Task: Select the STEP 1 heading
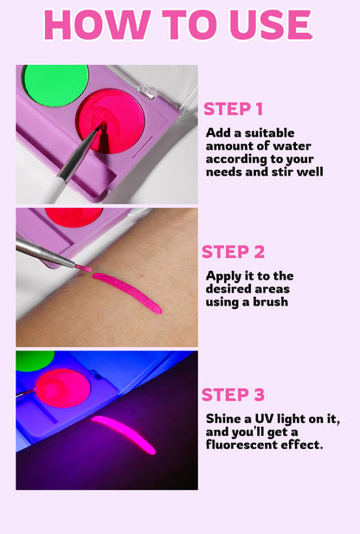[x=233, y=109]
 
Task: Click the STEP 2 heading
[x=232, y=252]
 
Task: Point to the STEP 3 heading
[x=233, y=395]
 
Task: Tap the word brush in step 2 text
[x=268, y=301]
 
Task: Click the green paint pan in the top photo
[x=55, y=85]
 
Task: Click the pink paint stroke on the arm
[x=126, y=292]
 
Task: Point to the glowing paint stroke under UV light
[x=123, y=434]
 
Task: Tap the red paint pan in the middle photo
[x=74, y=216]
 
